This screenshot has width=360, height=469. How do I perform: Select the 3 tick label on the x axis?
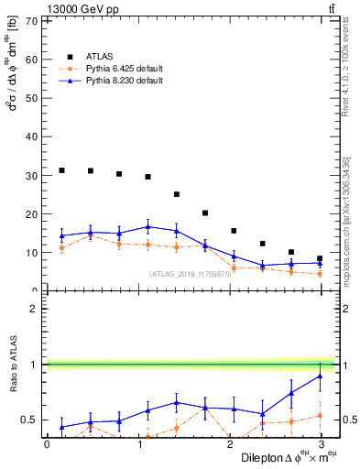tap(322, 443)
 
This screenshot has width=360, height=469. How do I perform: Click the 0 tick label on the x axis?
tap(47, 443)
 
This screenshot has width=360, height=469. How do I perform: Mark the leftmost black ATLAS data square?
tap(61, 170)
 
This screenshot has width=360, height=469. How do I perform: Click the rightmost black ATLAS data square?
tap(320, 258)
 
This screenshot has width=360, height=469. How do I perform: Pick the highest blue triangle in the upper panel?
tap(147, 226)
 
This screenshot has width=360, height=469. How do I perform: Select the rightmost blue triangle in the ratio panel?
tap(320, 376)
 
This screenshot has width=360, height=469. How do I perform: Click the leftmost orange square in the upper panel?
tap(61, 247)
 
